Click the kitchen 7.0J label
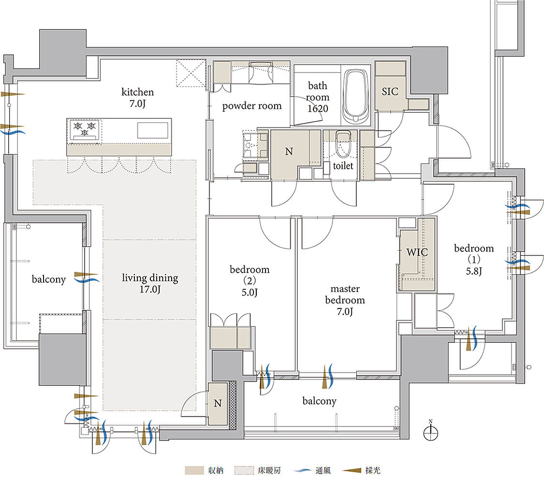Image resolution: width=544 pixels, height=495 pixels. click(x=137, y=98)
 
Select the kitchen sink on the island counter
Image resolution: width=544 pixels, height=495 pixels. click(x=153, y=130)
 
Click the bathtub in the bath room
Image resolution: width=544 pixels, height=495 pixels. click(x=355, y=96)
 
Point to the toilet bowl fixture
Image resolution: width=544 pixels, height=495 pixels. click(x=343, y=145)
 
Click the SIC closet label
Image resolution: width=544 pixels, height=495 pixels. click(x=390, y=91)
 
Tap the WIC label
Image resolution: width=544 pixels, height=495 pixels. click(x=417, y=252)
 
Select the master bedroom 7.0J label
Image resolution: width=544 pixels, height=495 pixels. click(x=345, y=300)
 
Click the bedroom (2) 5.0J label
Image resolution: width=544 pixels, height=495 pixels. click(x=250, y=281)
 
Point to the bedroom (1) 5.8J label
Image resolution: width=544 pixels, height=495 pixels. click(x=474, y=260)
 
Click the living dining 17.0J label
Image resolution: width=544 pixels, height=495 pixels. click(x=150, y=283)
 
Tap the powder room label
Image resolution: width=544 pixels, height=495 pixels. click(x=252, y=106)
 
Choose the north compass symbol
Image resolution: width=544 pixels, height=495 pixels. click(x=430, y=431)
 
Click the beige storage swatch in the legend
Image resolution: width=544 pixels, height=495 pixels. click(x=194, y=470)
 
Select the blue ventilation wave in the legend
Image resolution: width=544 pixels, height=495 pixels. click(x=302, y=470)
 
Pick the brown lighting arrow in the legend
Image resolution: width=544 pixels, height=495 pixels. click(x=352, y=470)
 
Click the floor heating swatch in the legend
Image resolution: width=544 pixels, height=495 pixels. click(x=244, y=470)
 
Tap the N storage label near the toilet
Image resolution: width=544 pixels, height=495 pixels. click(x=289, y=151)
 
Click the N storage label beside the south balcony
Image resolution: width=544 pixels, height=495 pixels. click(x=218, y=403)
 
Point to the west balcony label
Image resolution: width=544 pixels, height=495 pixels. click(x=48, y=279)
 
